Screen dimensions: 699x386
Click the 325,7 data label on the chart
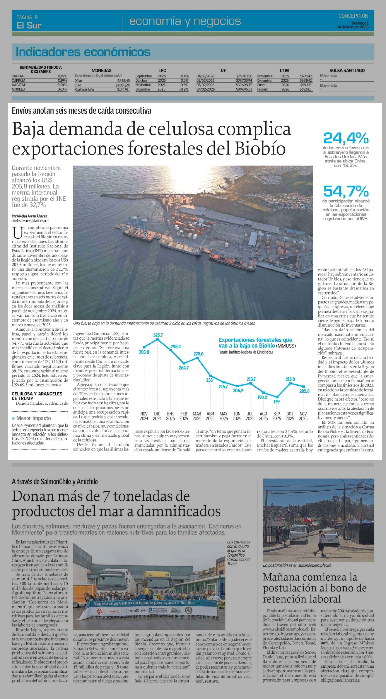tap(158, 335)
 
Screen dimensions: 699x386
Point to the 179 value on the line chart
tap(277, 402)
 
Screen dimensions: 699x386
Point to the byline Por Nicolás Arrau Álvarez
tap(29, 216)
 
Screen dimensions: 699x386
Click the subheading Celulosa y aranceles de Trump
tap(37, 396)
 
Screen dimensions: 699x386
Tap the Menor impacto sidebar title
tap(33, 418)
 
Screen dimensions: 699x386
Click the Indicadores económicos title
tap(83, 52)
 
